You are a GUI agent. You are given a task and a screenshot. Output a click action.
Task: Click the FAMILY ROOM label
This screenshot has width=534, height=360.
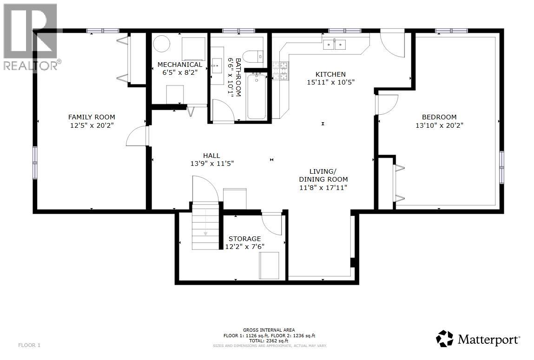point(92,117)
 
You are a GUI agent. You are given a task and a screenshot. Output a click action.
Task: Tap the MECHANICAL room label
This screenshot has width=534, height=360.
point(180,65)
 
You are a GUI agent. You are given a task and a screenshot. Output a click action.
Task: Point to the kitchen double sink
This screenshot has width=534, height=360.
point(335,45)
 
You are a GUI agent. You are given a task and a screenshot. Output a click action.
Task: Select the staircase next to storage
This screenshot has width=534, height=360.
point(205,226)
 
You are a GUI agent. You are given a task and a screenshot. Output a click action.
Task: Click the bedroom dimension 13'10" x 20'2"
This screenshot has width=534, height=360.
point(439,125)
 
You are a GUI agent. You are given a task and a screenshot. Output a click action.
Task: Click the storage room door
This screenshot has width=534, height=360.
point(273,223)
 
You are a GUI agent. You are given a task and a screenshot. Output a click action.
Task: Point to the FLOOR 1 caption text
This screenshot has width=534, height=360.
point(30,345)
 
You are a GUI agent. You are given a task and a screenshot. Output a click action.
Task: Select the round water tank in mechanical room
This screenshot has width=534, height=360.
point(162,45)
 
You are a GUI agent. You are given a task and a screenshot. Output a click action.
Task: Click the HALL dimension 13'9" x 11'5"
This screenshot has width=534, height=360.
point(211,164)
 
